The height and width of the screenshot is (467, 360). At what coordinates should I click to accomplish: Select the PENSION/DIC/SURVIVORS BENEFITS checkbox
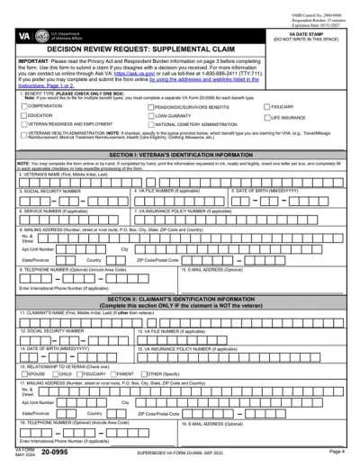(150, 106)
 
